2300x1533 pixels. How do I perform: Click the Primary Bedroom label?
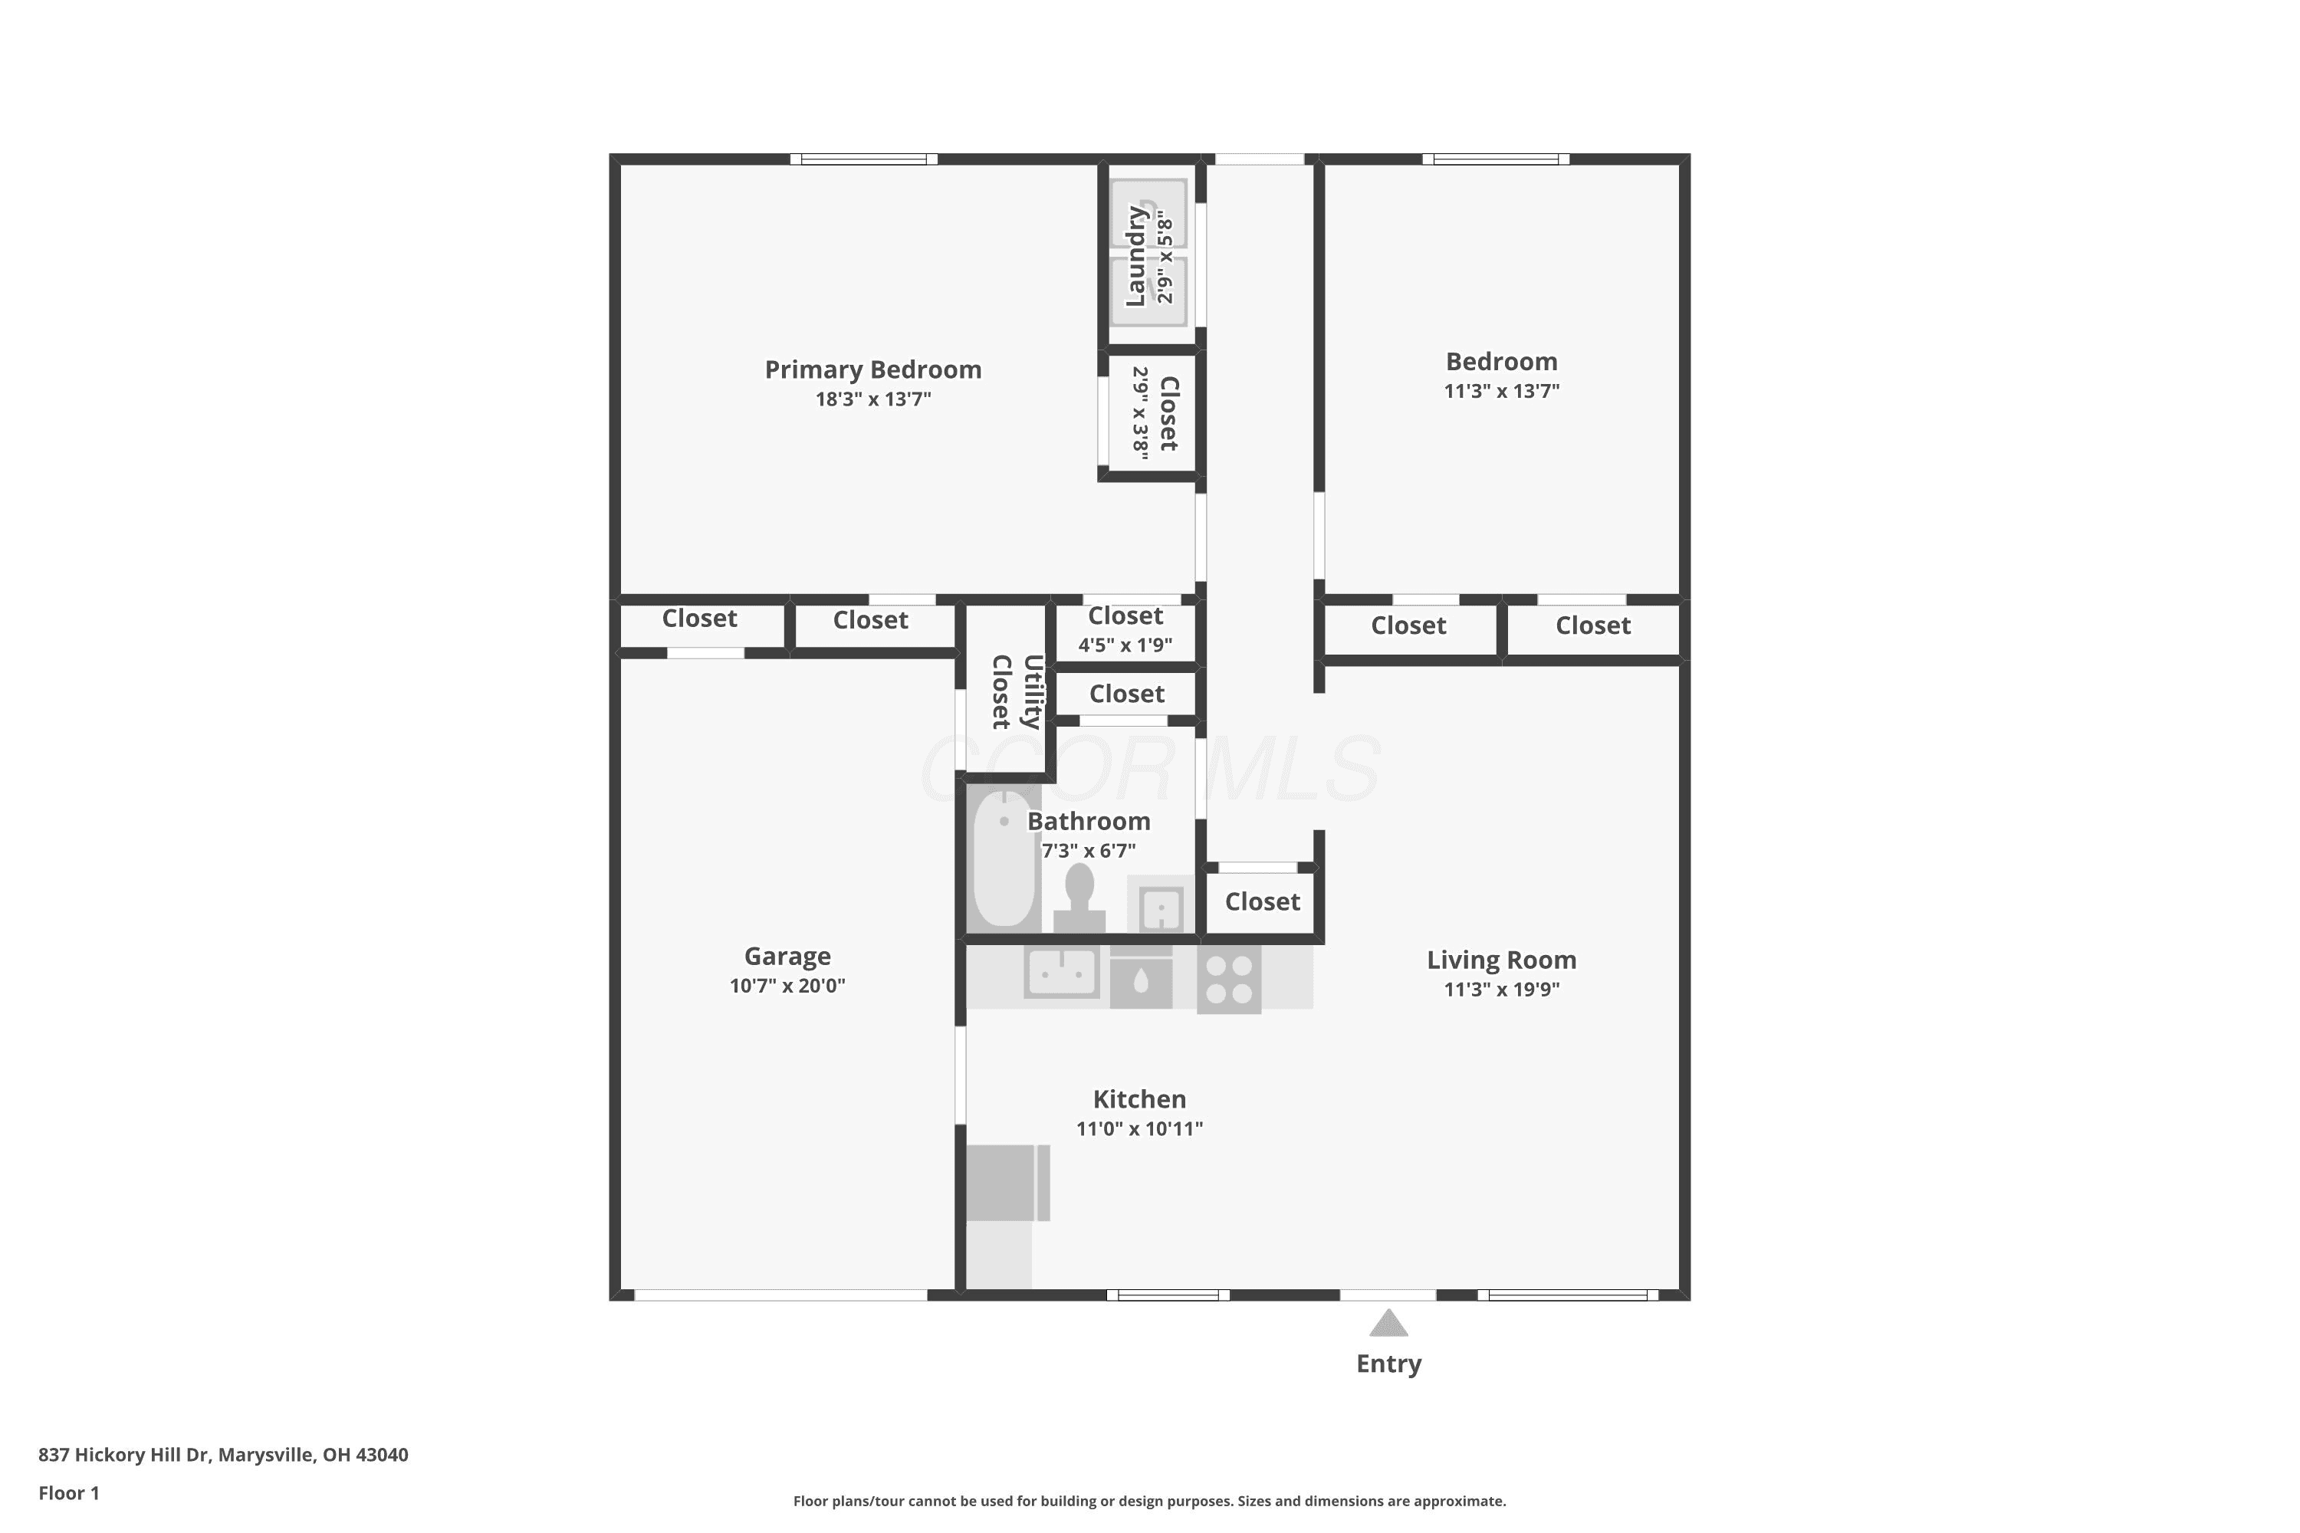872,369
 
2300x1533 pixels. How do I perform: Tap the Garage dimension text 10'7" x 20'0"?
787,986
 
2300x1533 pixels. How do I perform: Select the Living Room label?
1501,960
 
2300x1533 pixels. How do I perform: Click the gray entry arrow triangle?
1388,1324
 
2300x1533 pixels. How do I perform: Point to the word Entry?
1388,1364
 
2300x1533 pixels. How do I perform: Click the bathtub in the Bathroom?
1004,858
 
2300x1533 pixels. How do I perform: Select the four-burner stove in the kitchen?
1229,979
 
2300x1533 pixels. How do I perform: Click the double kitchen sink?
1061,972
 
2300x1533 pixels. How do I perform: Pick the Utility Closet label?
1016,692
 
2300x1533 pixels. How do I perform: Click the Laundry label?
1135,256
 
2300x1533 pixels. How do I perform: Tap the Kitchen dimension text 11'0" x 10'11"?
1139,1128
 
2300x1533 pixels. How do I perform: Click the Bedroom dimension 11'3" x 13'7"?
1501,391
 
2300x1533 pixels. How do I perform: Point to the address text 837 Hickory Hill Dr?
124,1455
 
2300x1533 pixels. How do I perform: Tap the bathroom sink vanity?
1161,905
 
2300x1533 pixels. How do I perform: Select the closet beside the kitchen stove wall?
1263,902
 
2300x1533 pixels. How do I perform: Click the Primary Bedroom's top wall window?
863,159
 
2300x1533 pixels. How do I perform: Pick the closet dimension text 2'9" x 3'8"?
1140,412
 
